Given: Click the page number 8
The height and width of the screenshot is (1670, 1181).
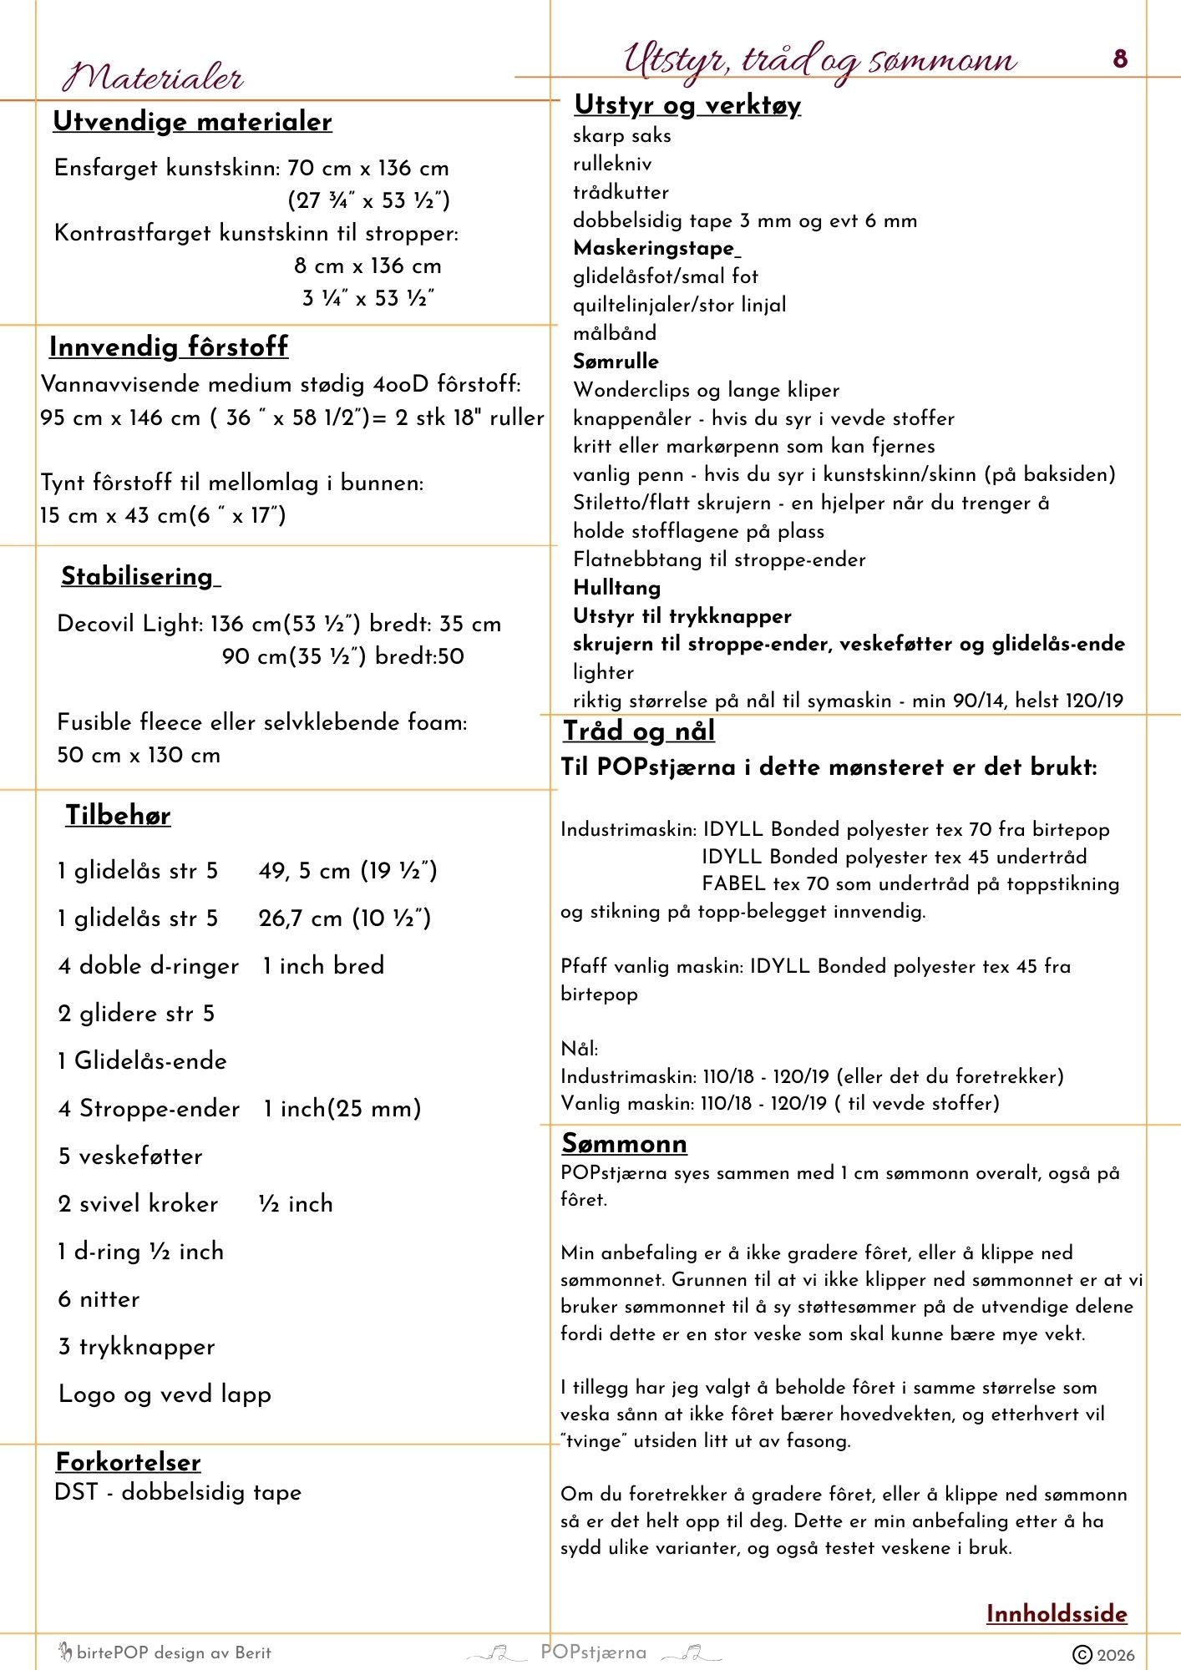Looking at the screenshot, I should click(1120, 58).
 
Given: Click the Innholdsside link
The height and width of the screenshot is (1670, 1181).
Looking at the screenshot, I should click(1057, 1613).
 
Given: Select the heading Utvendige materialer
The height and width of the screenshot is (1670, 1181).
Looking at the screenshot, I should click(192, 122).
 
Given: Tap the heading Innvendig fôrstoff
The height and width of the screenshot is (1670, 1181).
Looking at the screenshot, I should click(168, 347).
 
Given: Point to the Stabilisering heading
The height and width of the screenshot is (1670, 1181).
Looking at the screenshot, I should click(138, 576).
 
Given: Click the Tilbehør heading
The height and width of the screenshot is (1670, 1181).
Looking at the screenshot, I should click(118, 815).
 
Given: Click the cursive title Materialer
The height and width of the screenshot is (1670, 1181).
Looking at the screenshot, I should click(153, 78).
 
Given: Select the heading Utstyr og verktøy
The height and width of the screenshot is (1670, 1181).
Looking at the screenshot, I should click(687, 105).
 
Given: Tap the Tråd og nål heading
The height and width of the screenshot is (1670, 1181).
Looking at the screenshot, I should click(638, 731).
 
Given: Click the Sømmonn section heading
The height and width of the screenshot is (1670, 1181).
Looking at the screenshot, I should click(624, 1143).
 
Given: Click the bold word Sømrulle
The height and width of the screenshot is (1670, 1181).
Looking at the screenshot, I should click(616, 362).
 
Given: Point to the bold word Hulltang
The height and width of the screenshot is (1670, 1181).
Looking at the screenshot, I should click(616, 588).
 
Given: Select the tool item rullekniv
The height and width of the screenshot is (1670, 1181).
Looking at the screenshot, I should click(612, 164).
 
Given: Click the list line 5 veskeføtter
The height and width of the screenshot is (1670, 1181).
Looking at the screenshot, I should click(130, 1156).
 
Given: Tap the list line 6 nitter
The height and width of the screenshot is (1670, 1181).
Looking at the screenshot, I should click(99, 1299).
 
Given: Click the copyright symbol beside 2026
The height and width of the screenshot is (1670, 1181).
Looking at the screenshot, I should click(1082, 1654).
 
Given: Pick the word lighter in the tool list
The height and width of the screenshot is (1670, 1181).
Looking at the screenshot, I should click(603, 672).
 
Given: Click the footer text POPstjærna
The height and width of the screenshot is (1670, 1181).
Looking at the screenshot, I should click(593, 1652).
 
